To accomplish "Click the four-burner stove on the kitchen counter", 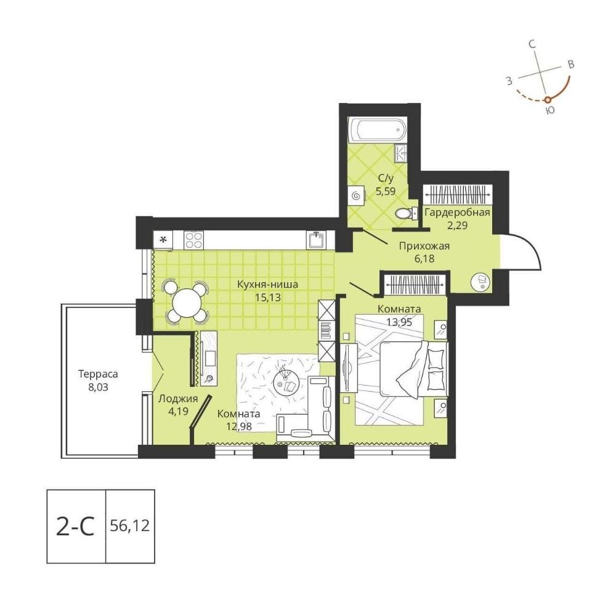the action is (194, 239).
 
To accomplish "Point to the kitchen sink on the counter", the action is (316, 240).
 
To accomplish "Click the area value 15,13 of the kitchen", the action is (268, 298).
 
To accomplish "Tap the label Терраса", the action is (98, 374).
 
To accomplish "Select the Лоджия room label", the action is (178, 399).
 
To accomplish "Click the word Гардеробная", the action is (457, 213).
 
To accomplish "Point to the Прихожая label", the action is (424, 246).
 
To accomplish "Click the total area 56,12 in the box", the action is (130, 525).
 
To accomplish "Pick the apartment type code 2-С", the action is (75, 527).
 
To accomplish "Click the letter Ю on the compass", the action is (550, 110).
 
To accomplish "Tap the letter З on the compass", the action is (509, 81).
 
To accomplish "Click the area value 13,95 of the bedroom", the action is (399, 322).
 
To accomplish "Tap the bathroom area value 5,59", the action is (386, 192).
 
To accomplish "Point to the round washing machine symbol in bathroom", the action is (357, 195).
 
